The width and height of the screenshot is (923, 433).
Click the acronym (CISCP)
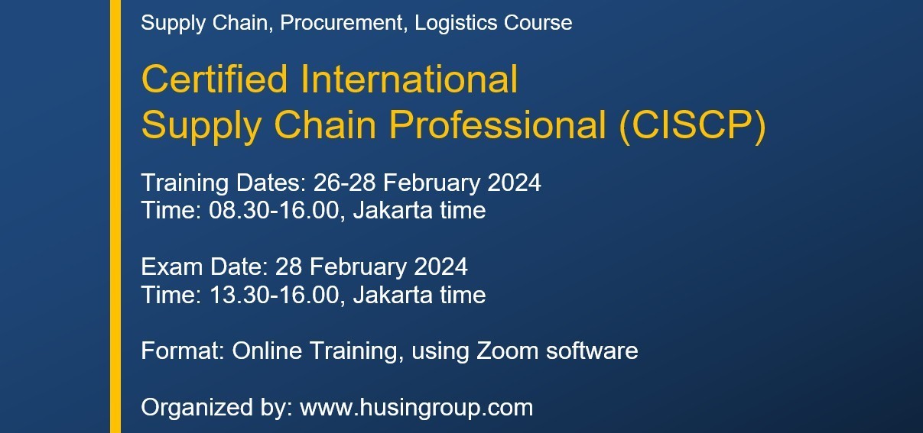[693, 126]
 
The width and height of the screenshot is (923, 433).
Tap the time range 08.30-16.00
[273, 210]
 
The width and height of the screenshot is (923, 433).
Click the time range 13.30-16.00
[273, 295]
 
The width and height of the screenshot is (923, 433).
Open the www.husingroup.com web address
[416, 408]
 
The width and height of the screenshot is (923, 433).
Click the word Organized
[193, 408]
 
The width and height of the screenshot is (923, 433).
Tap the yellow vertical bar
[115, 216]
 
